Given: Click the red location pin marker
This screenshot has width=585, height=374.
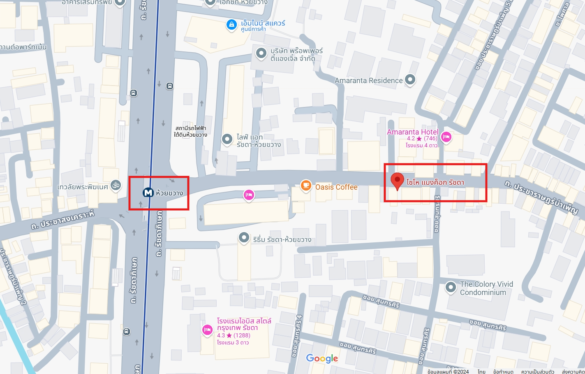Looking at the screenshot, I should click(x=397, y=180).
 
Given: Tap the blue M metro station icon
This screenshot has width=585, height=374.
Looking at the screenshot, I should click(x=148, y=193).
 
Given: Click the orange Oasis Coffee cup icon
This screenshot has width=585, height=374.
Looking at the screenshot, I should click(x=305, y=186).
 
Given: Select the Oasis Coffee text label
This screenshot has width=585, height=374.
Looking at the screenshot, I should click(x=336, y=187).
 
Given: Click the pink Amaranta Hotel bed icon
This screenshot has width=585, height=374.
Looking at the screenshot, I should click(x=446, y=137).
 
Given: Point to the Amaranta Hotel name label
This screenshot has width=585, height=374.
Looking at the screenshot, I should click(x=412, y=132).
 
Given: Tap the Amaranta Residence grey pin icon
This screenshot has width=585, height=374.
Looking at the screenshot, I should click(x=410, y=79).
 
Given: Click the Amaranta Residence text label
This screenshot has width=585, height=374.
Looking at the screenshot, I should click(x=368, y=81).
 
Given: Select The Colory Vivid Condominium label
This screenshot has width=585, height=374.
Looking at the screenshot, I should click(x=486, y=288).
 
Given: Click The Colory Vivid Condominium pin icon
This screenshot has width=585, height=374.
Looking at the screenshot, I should click(x=451, y=287).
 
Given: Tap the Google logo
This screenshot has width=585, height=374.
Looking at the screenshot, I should click(x=322, y=358).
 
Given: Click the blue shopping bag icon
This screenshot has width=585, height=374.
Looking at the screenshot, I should click(x=232, y=25).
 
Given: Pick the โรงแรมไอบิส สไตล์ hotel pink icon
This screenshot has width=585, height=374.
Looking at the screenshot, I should click(x=207, y=330).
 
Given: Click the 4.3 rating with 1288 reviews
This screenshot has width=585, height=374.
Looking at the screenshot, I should click(x=234, y=335).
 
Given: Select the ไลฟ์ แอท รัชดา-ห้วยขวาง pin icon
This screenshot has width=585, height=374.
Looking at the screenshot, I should click(x=227, y=139).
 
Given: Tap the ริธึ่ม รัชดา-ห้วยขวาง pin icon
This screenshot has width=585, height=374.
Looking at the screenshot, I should click(x=244, y=237).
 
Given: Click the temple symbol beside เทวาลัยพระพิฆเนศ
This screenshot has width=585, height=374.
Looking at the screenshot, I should click(x=116, y=186).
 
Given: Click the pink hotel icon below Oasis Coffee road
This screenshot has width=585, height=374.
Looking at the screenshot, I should click(x=248, y=195).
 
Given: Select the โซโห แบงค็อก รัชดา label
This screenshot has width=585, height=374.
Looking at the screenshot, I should click(x=435, y=182).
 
